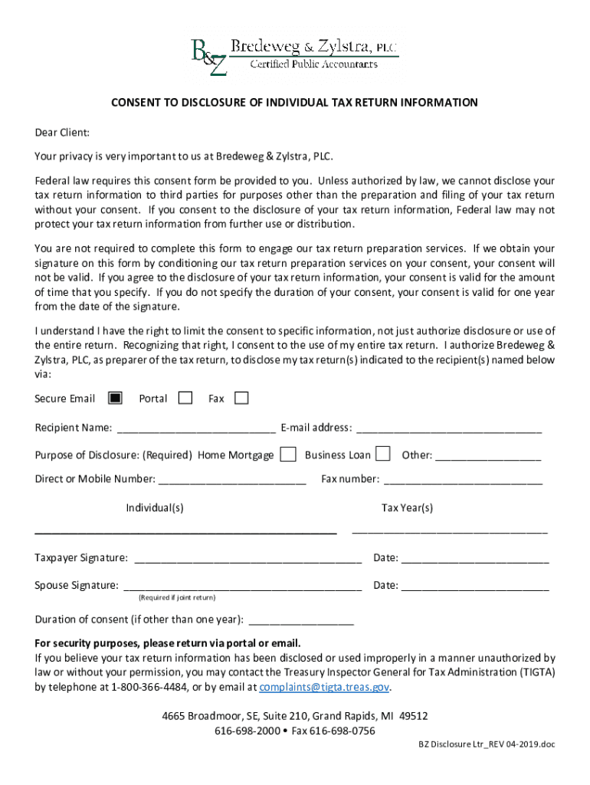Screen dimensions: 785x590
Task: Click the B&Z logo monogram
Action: pos(208,57)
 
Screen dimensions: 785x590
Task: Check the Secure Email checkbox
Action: pos(115,398)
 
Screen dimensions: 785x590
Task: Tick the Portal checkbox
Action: pos(185,398)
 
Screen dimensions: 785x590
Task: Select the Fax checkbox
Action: pos(241,398)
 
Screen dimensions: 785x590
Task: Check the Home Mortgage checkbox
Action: pos(288,455)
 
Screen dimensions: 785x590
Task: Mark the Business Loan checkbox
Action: pos(382,455)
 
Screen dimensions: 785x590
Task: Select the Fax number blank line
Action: pos(463,480)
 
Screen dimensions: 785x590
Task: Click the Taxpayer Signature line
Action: pos(248,558)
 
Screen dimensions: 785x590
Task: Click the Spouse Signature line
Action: pos(242,586)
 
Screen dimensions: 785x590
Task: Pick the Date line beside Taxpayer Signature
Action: pos(475,558)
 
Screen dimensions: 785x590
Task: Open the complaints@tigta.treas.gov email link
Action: pos(325,687)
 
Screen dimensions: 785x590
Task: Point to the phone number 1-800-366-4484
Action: pos(151,687)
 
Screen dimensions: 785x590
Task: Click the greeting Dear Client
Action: pos(62,132)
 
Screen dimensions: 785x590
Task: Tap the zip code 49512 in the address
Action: pos(413,716)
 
